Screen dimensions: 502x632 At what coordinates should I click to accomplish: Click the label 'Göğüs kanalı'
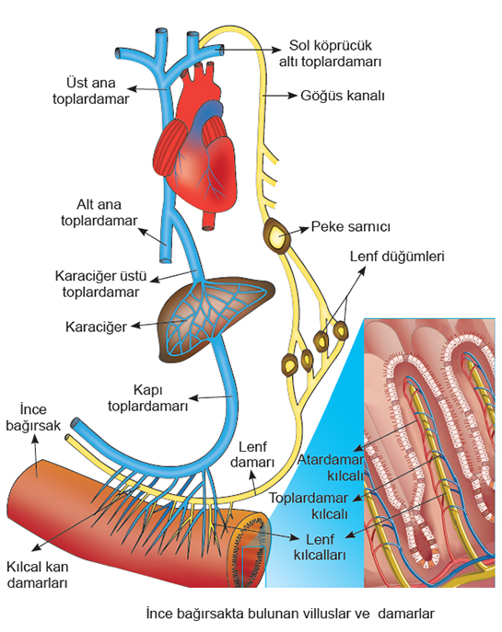[x=343, y=96]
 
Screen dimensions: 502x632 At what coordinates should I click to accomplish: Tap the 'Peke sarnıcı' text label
[x=350, y=227]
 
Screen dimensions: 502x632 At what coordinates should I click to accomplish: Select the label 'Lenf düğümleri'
[x=397, y=257]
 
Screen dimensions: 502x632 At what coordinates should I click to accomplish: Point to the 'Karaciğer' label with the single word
[x=96, y=327]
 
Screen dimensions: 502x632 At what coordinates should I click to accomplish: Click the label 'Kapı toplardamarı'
[x=147, y=397]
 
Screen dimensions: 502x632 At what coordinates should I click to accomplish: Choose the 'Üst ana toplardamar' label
[x=91, y=91]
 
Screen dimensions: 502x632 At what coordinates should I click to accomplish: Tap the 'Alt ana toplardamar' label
[x=99, y=213]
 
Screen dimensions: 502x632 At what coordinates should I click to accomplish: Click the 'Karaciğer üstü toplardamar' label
[x=100, y=284]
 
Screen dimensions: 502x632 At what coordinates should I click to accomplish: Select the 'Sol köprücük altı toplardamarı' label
[x=330, y=53]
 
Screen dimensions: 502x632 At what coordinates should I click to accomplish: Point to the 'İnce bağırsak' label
[x=33, y=418]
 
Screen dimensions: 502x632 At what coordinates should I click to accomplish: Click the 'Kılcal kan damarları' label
[x=37, y=575]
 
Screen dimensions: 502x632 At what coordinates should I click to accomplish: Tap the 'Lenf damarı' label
[x=252, y=454]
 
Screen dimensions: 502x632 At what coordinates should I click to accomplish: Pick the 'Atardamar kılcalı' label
[x=331, y=467]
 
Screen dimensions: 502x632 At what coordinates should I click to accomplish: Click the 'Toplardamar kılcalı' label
[x=309, y=506]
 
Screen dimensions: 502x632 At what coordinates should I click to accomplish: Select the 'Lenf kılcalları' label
[x=320, y=547]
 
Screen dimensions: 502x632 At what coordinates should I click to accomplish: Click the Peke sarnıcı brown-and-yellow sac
[x=277, y=236]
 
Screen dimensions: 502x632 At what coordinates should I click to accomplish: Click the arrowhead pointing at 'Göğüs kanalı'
[x=293, y=96]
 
